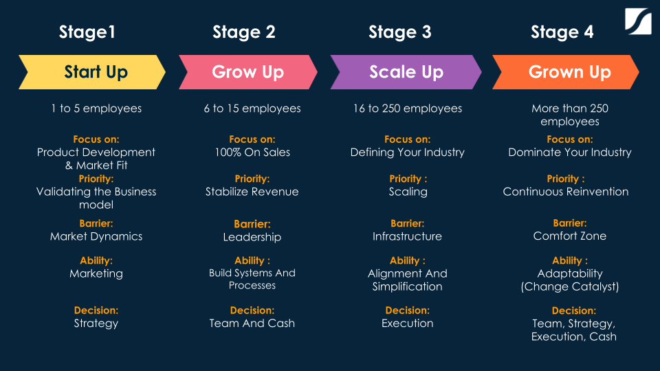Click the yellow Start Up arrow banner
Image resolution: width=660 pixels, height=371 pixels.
pos(92,72)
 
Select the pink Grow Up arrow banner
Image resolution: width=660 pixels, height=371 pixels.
pos(248,72)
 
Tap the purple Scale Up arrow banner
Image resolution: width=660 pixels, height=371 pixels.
pos(406,72)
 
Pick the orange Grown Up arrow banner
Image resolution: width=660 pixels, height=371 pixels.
pos(566,72)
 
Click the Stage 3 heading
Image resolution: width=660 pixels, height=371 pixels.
pos(400,32)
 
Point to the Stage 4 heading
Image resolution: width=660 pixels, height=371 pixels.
pos(562,32)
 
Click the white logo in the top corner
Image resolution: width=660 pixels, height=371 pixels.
pos(638,21)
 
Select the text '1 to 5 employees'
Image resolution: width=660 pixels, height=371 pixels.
pos(96,109)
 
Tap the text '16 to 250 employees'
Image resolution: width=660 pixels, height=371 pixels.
pos(408,109)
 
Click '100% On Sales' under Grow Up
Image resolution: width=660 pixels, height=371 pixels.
pos(252,153)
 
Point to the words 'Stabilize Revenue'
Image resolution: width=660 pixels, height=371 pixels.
pos(252,192)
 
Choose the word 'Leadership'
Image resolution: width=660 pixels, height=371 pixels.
pos(252,237)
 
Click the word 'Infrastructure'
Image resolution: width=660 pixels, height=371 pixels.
pos(407,236)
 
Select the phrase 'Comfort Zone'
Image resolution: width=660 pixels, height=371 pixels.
pos(570,236)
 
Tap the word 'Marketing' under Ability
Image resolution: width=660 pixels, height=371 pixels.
pos(96,274)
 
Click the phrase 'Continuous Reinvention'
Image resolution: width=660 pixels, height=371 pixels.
pos(566,192)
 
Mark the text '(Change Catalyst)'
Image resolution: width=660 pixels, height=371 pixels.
pos(570,287)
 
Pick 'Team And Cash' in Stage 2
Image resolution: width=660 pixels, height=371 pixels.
pos(252,324)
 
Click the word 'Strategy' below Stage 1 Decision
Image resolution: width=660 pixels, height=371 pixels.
pos(96,324)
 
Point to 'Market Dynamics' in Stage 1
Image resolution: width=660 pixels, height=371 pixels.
pos(96,236)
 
